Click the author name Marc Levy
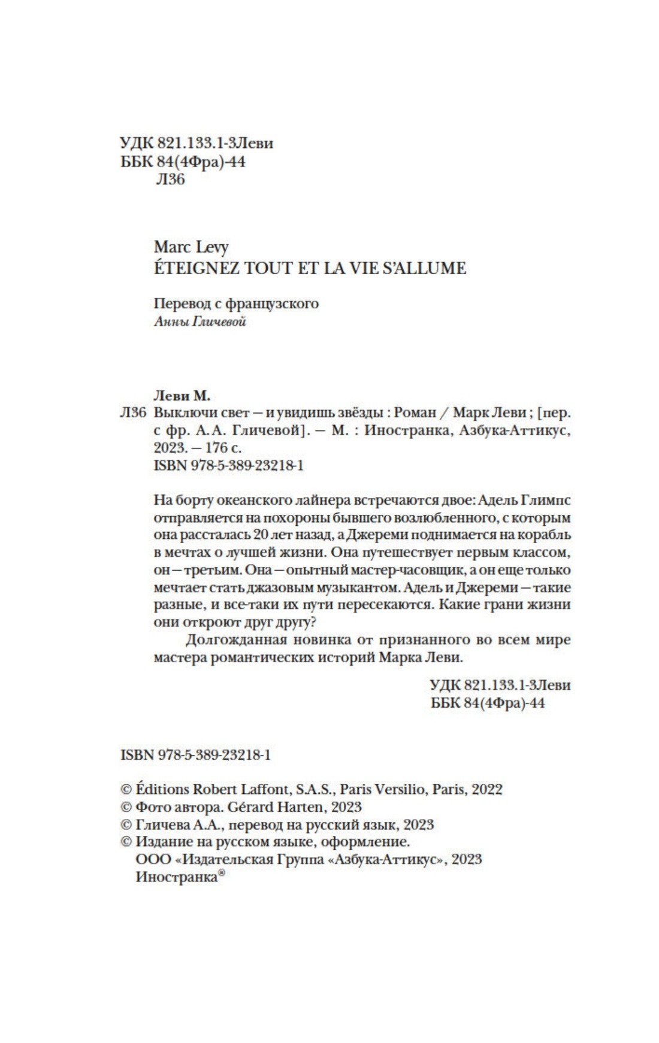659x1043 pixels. pos(191,247)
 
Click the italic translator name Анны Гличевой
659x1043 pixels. pos(200,322)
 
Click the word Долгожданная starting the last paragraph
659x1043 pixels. pos(238,639)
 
